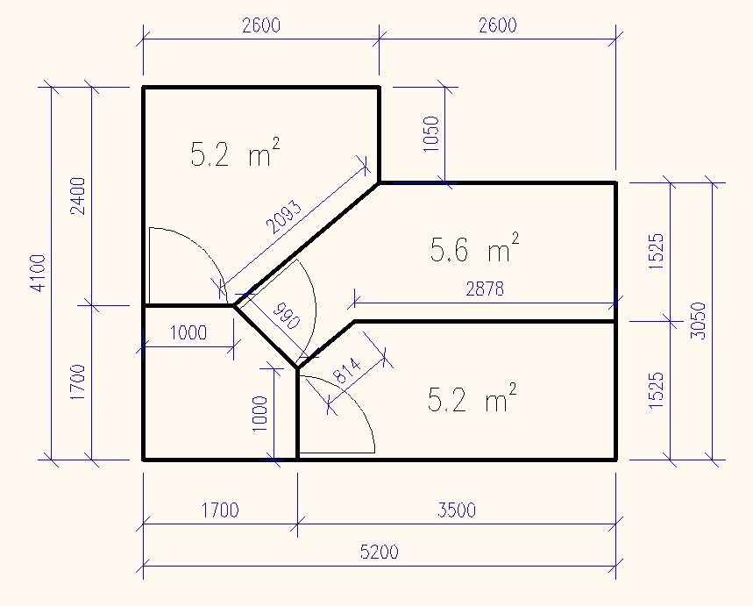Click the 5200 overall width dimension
click(x=380, y=552)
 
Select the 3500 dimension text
click(x=457, y=510)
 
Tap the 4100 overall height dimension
click(x=39, y=273)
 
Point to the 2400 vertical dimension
click(x=78, y=196)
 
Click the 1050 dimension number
click(x=431, y=134)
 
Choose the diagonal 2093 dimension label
click(x=284, y=217)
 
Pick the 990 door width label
click(x=287, y=316)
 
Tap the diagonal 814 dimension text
click(x=347, y=370)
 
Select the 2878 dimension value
click(x=485, y=289)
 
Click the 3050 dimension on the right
click(x=699, y=321)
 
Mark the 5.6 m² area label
click(x=474, y=248)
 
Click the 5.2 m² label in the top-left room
click(x=235, y=153)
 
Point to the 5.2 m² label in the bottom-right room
click(x=472, y=398)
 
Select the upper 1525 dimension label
click(x=657, y=251)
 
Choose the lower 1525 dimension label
click(x=657, y=390)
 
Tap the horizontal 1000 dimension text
click(x=188, y=332)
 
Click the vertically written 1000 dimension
click(x=259, y=414)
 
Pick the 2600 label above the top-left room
click(x=261, y=25)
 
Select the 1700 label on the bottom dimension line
click(x=220, y=510)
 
